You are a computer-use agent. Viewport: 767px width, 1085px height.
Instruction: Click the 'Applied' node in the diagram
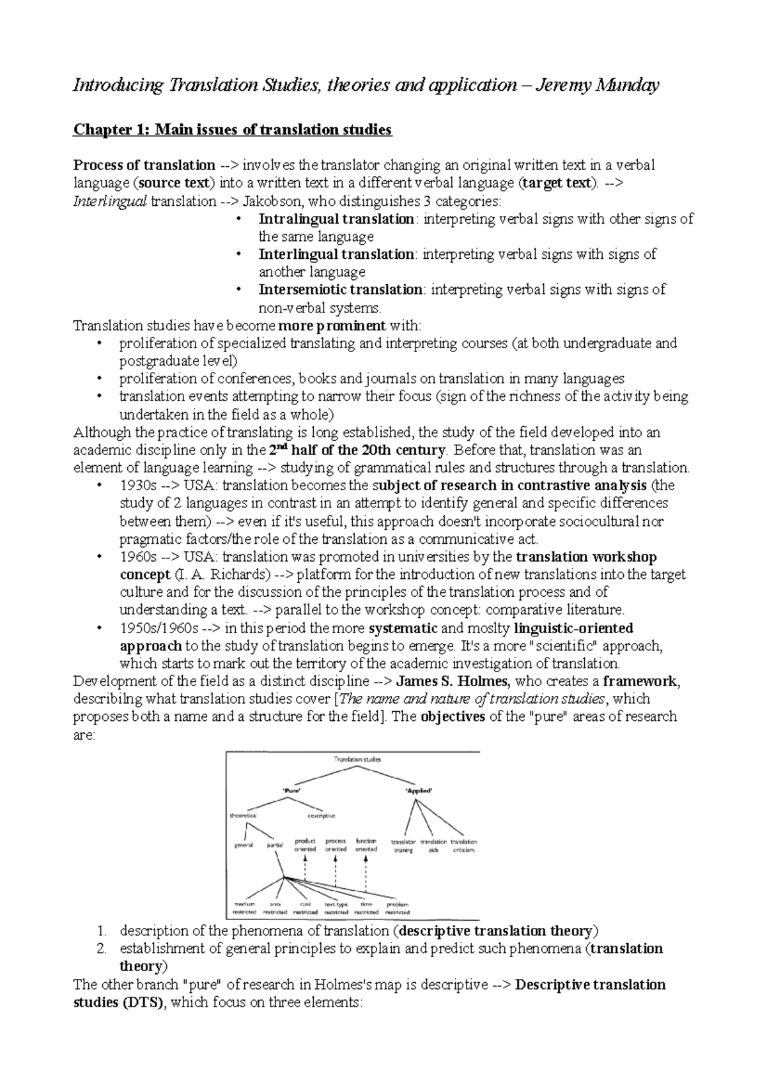pos(419,790)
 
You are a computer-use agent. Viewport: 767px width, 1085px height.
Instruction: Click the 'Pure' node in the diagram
pos(291,790)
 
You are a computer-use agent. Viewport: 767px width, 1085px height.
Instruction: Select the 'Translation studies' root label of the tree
pos(357,760)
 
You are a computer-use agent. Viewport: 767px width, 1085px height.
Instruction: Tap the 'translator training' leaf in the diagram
pos(403,846)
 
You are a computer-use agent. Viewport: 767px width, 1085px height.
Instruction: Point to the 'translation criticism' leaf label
pos(464,846)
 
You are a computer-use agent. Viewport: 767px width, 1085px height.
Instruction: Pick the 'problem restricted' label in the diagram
pos(398,909)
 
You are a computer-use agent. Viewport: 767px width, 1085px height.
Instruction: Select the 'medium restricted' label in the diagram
pos(245,909)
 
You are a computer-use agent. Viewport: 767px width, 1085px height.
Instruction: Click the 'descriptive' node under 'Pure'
pos(322,816)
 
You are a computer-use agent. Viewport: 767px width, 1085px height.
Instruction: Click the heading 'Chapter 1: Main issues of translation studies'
pos(233,130)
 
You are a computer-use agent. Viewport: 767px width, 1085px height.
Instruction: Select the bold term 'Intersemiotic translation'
pos(339,289)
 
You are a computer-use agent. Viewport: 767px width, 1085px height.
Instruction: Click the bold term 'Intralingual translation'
pos(336,219)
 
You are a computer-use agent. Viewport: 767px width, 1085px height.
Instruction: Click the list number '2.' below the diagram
pos(101,949)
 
